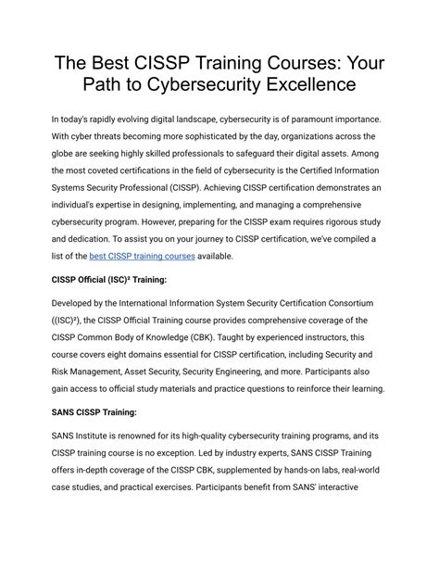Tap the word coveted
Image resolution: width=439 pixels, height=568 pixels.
[x=108, y=178]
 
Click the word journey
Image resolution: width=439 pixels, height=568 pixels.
[x=196, y=236]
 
